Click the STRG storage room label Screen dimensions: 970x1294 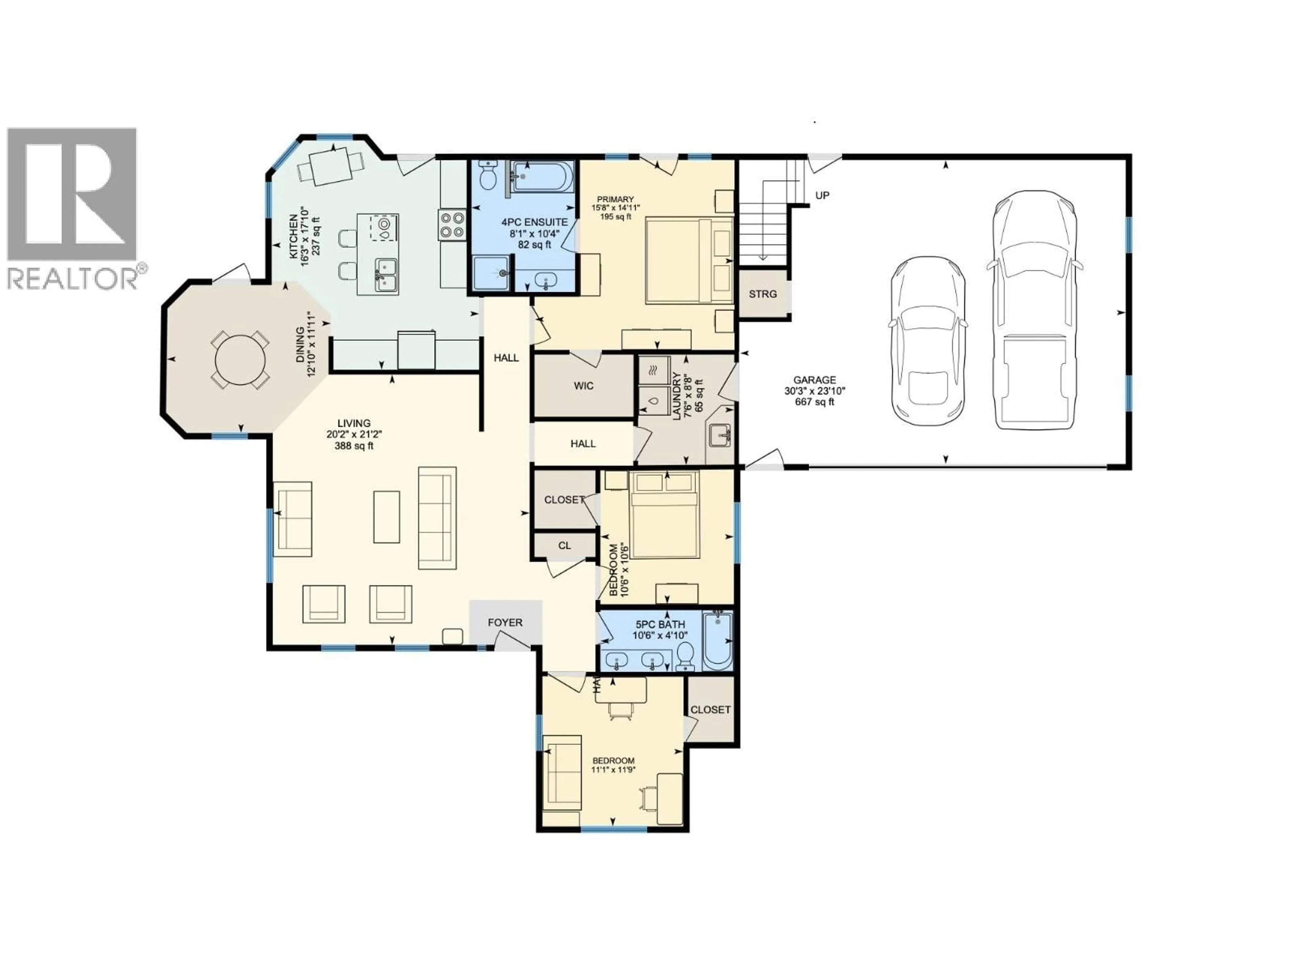click(x=763, y=294)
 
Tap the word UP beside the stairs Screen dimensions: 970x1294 click(x=822, y=195)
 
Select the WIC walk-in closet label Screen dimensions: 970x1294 click(x=583, y=386)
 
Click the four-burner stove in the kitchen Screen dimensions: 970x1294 click(x=453, y=225)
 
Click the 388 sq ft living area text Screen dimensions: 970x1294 click(x=353, y=446)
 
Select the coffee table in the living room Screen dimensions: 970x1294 click(x=387, y=517)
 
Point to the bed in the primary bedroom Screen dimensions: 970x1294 click(x=688, y=260)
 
